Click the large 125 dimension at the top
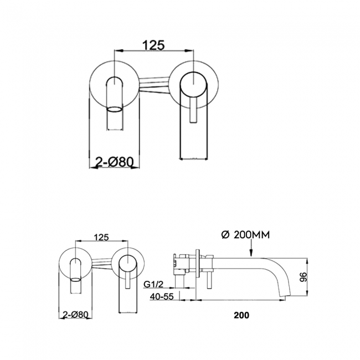pos(154,45)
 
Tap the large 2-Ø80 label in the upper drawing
pos(114,163)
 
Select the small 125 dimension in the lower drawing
pos(102,237)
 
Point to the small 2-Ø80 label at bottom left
pos(75,315)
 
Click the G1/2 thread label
pos(153,285)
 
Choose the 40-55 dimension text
pos(162,297)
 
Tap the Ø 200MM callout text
pos(245,235)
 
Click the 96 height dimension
pos(304,277)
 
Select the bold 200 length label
pos(241,315)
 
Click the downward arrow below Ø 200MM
pos(251,248)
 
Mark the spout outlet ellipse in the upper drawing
pos(115,109)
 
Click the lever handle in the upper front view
pos(193,110)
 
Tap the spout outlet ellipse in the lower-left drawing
pos(76,280)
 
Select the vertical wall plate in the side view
pos(198,264)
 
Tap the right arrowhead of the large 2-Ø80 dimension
pos(135,167)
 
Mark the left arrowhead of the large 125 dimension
pos(119,50)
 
